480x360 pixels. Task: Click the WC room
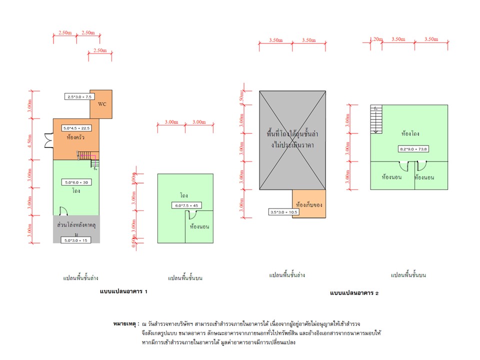coord(101,104)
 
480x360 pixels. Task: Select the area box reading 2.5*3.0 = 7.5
coord(78,96)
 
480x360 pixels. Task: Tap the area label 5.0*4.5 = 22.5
coord(76,128)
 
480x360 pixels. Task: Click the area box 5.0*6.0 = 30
coord(76,181)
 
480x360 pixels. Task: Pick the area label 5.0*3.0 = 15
coord(76,240)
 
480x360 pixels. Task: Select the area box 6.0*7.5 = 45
coord(185,205)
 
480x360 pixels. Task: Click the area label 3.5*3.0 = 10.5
coord(283,212)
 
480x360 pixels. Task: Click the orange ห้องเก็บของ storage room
coord(309,204)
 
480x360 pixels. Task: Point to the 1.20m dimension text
coord(375,38)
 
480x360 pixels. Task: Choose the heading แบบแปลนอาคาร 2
coord(354,293)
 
